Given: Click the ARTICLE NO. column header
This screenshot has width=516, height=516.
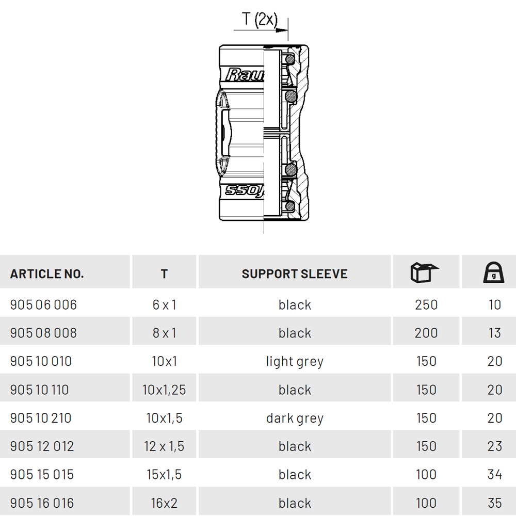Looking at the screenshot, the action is point(47,274).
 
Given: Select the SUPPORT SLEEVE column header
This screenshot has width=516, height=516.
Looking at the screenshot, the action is point(295,274).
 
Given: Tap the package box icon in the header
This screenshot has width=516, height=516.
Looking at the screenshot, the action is point(425,272).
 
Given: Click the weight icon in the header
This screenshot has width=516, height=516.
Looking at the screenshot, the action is point(494,272).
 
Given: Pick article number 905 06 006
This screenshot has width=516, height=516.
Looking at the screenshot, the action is point(43,305).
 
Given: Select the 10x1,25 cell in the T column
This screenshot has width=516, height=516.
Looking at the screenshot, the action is point(164,390).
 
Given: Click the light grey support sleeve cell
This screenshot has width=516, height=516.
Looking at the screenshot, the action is point(295,362).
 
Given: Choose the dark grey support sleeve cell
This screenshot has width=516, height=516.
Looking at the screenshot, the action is point(295,418).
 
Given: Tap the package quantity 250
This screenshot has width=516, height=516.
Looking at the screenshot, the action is point(426,305).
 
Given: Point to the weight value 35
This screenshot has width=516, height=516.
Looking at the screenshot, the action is point(495,503).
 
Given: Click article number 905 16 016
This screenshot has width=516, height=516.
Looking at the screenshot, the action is point(42,503).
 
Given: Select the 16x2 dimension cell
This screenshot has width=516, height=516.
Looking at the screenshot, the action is point(164,503).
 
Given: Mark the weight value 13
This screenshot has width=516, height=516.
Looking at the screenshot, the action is point(495,333).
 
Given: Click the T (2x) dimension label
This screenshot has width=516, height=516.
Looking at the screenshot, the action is point(260,19).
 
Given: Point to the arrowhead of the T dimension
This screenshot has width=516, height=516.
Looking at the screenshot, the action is point(282,30).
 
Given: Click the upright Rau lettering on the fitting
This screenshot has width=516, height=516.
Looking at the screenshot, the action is point(245,75).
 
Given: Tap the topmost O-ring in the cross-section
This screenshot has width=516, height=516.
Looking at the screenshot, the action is point(290,59).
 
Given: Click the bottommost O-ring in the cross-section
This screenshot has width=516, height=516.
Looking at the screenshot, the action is point(290,206).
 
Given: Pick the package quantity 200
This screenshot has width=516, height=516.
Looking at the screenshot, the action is point(426,333).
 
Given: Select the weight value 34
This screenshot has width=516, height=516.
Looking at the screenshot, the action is point(495,475).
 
